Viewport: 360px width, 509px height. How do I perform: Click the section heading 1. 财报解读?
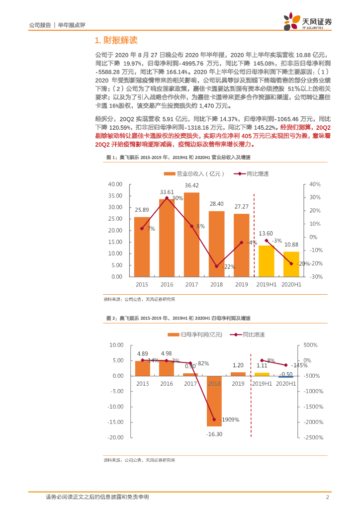pyautogui.click(x=115, y=40)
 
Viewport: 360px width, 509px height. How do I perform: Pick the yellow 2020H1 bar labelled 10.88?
pyautogui.click(x=291, y=264)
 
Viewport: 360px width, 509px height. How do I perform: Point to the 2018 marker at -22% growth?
pyautogui.click(x=216, y=266)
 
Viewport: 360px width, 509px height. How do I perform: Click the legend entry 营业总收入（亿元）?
pyautogui.click(x=194, y=173)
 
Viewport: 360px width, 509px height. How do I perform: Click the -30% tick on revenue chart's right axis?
pyautogui.click(x=317, y=276)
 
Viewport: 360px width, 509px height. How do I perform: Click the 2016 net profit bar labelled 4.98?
pyautogui.click(x=167, y=368)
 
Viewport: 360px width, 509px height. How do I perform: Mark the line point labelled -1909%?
pyautogui.click(x=214, y=420)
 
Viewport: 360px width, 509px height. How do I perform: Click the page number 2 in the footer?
pyautogui.click(x=328, y=497)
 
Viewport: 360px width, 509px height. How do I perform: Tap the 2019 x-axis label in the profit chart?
pyautogui.click(x=238, y=384)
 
